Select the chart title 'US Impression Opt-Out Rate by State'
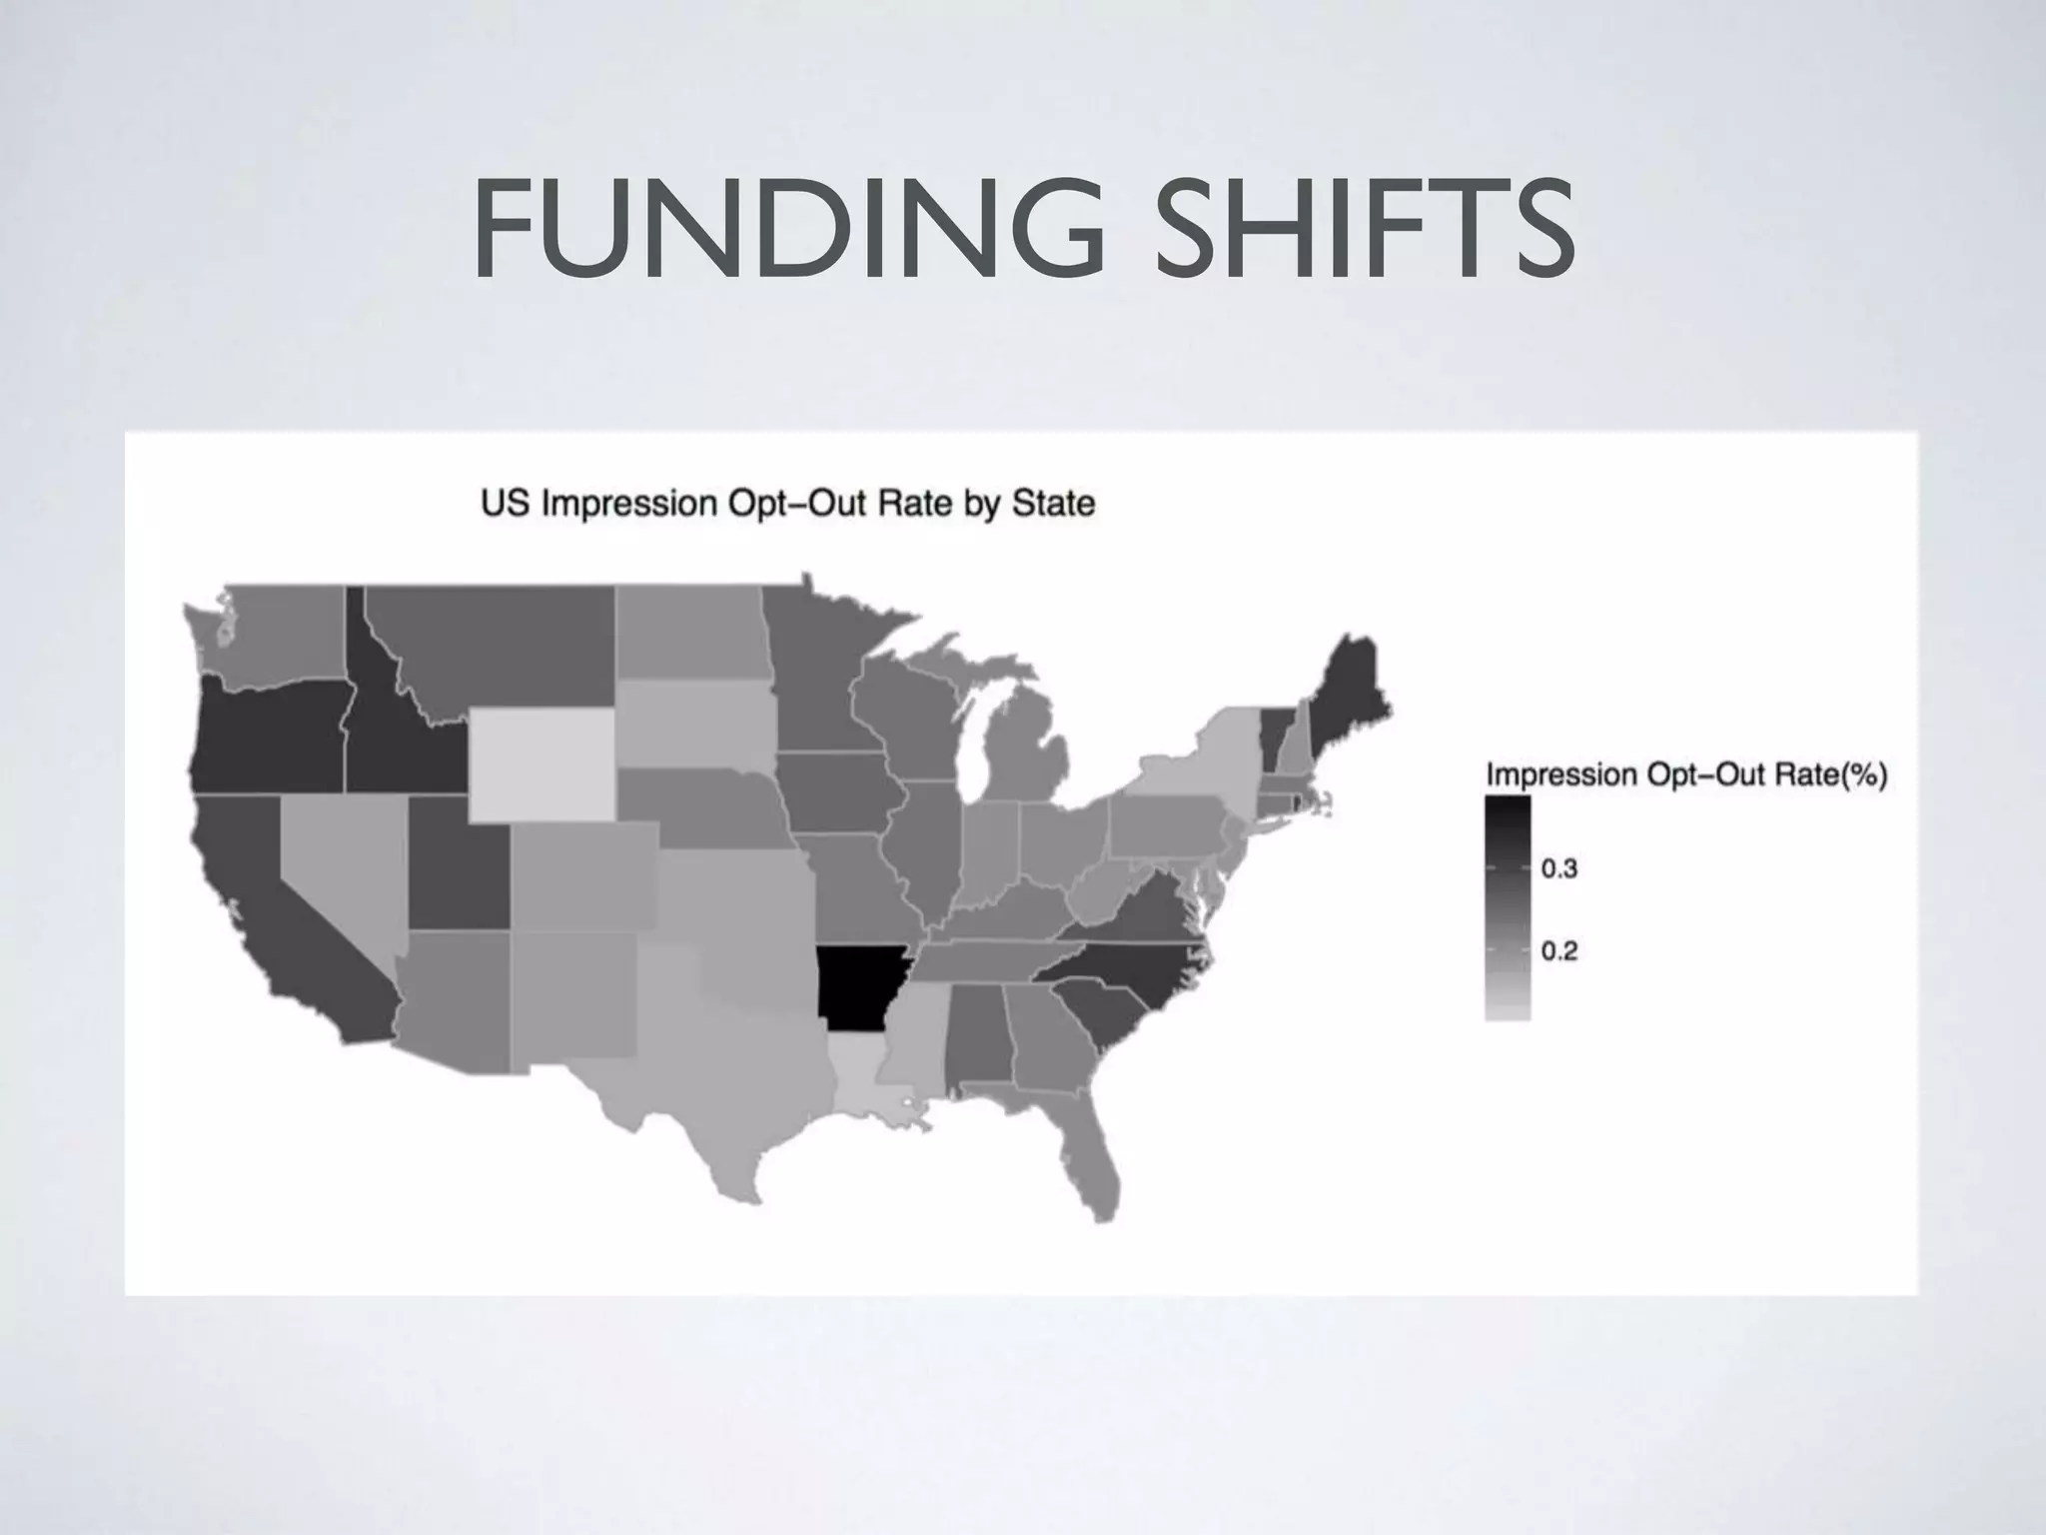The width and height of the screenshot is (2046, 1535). point(787,503)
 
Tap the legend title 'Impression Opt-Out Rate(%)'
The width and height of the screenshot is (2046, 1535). point(1686,775)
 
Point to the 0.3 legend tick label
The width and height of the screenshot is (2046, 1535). point(1558,867)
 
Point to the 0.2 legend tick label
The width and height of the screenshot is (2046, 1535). point(1558,950)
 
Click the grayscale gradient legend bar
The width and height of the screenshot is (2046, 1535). point(1508,907)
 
